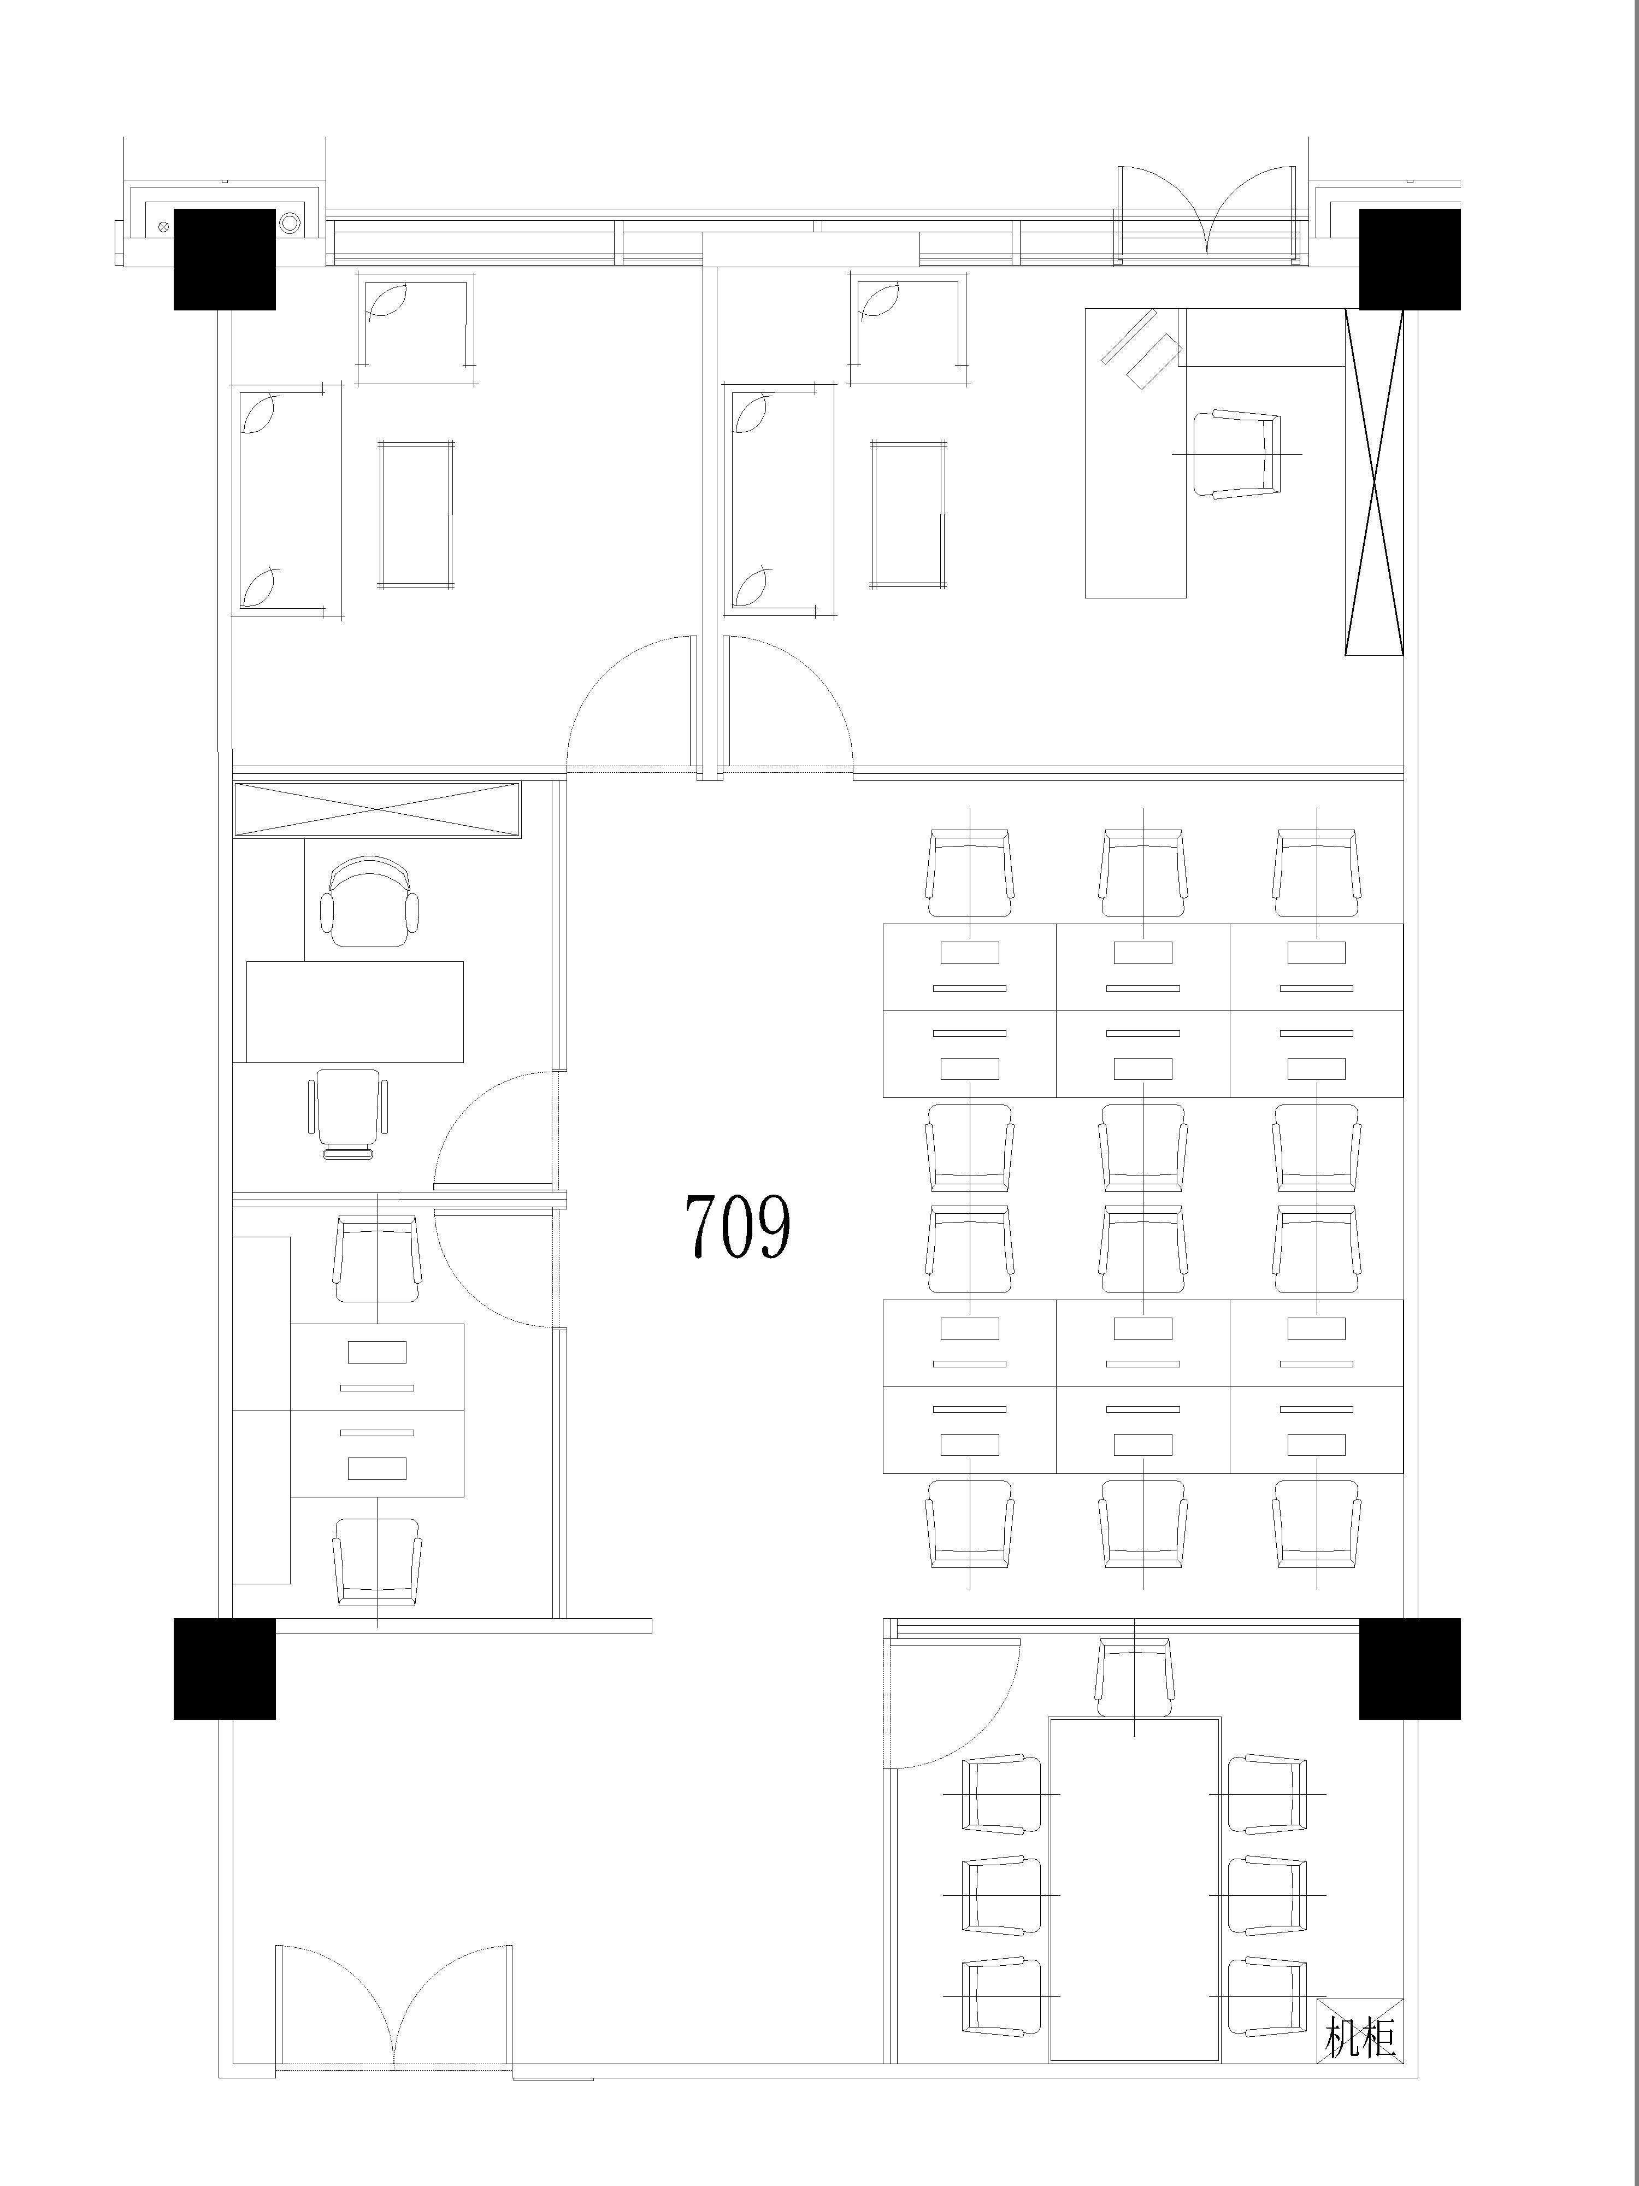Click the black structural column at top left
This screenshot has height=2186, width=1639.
(x=224, y=259)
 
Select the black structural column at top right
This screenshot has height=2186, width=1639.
(x=1410, y=259)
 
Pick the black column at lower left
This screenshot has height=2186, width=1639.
(x=224, y=1669)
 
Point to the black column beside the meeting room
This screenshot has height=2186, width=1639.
(x=1410, y=1669)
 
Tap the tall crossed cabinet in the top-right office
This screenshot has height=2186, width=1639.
(x=1373, y=481)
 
